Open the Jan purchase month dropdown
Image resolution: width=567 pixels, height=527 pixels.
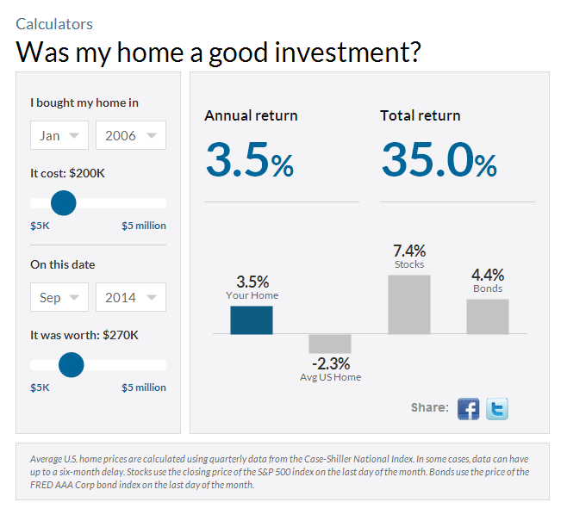(x=59, y=135)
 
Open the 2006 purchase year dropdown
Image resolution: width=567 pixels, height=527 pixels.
(x=130, y=135)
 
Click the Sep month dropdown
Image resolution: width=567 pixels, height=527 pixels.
(x=59, y=297)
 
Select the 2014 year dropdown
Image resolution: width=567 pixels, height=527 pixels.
(x=130, y=297)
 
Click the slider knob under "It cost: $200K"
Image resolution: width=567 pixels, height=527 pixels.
(x=64, y=203)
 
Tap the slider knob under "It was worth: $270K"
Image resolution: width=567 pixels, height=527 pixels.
(x=72, y=365)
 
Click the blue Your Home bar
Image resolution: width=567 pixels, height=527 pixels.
(x=252, y=319)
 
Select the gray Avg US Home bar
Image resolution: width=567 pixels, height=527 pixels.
(x=330, y=344)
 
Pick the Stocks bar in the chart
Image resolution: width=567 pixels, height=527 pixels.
(x=409, y=304)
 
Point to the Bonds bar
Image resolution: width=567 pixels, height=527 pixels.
(x=488, y=316)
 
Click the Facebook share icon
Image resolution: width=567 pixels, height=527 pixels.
(x=468, y=408)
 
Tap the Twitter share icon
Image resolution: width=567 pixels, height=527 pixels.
(x=497, y=408)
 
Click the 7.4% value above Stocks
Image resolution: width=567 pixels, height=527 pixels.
(x=409, y=251)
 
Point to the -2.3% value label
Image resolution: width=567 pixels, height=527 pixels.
(x=331, y=363)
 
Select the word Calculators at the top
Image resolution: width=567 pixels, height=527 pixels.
(x=54, y=24)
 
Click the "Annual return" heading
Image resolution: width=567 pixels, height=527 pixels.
(x=251, y=115)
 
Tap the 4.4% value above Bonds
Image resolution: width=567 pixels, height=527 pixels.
(x=488, y=275)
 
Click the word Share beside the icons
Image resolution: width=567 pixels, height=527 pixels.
(x=428, y=407)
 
